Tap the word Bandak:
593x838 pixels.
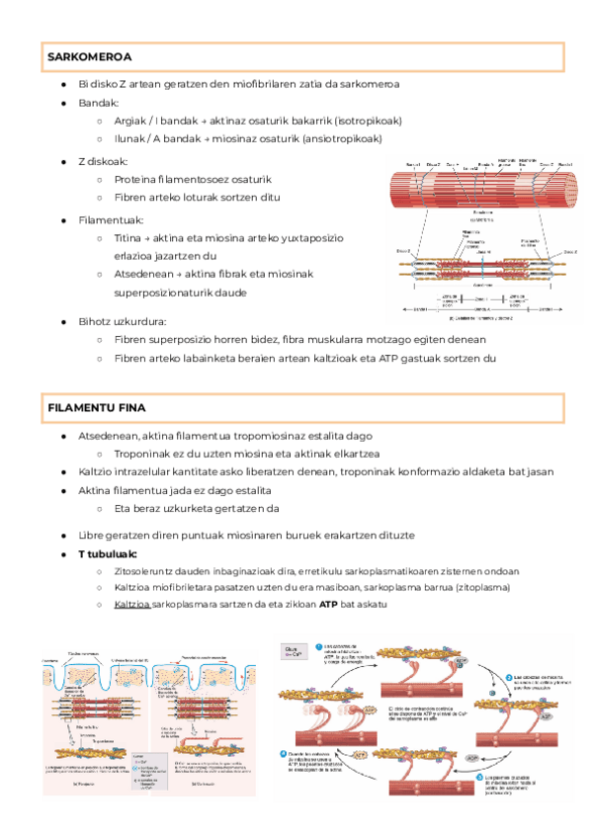coord(99,103)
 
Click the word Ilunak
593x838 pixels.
coord(130,138)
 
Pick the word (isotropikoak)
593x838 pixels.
coord(369,121)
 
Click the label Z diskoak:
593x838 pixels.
coord(103,161)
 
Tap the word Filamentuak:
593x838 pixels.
coord(111,219)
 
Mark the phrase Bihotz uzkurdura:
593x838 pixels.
coord(122,321)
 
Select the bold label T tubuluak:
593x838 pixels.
coord(108,553)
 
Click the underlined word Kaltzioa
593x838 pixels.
coord(131,604)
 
